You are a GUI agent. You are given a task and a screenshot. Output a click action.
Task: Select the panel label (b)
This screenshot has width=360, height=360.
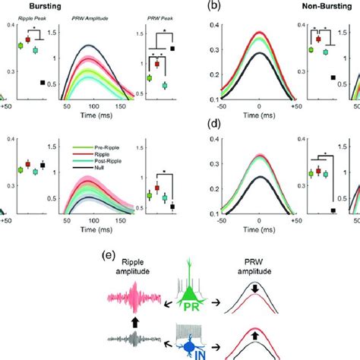(195, 8)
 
